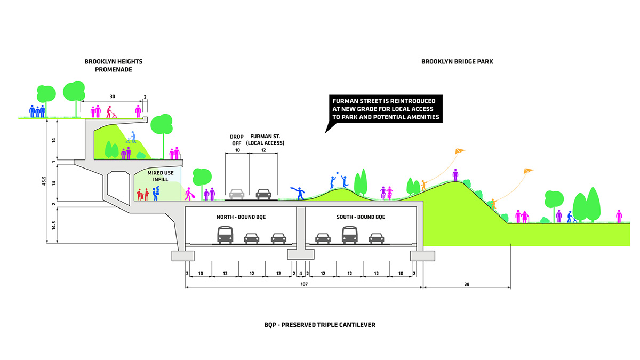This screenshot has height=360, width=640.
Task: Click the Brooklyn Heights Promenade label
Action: (x=113, y=66)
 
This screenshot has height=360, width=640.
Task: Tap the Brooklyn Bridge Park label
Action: (x=457, y=62)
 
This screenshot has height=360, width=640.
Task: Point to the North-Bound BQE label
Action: (x=239, y=217)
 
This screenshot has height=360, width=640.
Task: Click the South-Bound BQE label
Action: (x=361, y=217)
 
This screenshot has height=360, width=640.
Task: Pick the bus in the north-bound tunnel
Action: (x=225, y=235)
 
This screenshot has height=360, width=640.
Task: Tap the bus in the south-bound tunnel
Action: (x=349, y=235)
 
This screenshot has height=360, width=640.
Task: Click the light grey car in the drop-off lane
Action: (x=237, y=193)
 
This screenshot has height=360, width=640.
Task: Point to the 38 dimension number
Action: (x=467, y=284)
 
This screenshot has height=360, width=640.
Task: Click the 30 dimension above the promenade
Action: (x=113, y=97)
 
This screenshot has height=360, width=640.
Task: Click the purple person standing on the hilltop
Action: (x=455, y=174)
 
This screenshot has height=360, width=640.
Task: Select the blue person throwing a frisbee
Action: (x=299, y=193)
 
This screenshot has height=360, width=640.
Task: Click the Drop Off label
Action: (x=236, y=140)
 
